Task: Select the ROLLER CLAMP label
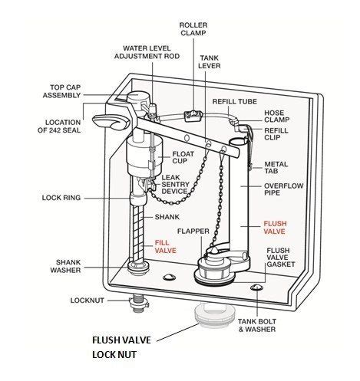[193, 29]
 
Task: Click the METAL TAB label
[276, 168]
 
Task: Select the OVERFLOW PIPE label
[281, 191]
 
